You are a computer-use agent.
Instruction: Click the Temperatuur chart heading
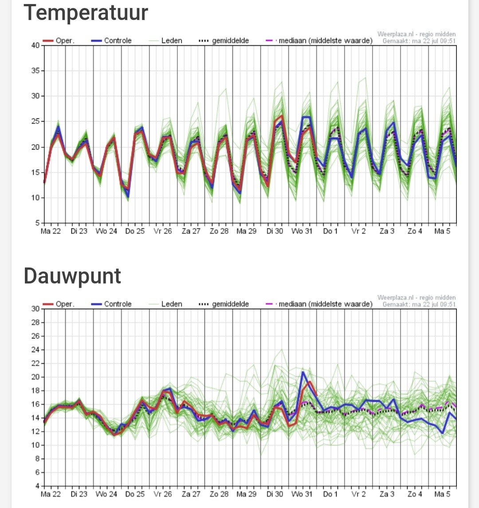pos(86,12)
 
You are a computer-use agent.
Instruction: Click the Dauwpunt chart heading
pos(72,276)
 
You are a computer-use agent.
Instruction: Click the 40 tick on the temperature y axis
pos(35,45)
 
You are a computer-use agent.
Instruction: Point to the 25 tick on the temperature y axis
pos(35,122)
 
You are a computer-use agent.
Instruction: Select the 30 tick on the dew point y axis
pos(35,309)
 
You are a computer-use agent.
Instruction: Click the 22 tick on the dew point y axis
pos(35,363)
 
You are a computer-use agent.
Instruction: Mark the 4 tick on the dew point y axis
pos(38,486)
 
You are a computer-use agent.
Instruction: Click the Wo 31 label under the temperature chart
pos(302,232)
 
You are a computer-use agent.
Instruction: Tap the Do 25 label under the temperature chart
pos(135,232)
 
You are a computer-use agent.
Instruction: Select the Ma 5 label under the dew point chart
pos(442,494)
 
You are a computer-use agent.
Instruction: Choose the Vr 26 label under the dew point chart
pos(163,494)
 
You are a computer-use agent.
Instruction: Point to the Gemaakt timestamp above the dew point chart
pos(419,304)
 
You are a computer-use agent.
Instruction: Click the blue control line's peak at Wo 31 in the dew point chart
pos(303,372)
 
